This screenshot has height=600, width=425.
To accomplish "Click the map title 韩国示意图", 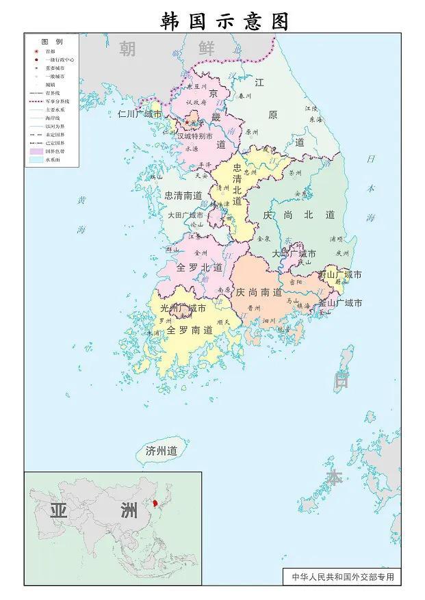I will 225,21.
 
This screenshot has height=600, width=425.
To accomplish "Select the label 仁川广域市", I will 140,114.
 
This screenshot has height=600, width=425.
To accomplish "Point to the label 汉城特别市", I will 198,136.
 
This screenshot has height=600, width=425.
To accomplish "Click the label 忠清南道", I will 183,195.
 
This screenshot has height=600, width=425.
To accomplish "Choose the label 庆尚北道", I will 299,215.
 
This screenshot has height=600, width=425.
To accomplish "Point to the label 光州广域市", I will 179,309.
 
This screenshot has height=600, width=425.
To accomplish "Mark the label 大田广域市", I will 185,215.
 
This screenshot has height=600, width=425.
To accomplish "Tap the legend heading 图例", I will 52,42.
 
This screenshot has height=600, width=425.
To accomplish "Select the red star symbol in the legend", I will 36,51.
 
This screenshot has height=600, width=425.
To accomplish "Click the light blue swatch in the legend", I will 36,159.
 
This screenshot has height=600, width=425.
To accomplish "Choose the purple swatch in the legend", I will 36,150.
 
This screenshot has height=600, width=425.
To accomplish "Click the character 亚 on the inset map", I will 60,510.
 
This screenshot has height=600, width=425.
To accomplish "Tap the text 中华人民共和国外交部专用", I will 343,577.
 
